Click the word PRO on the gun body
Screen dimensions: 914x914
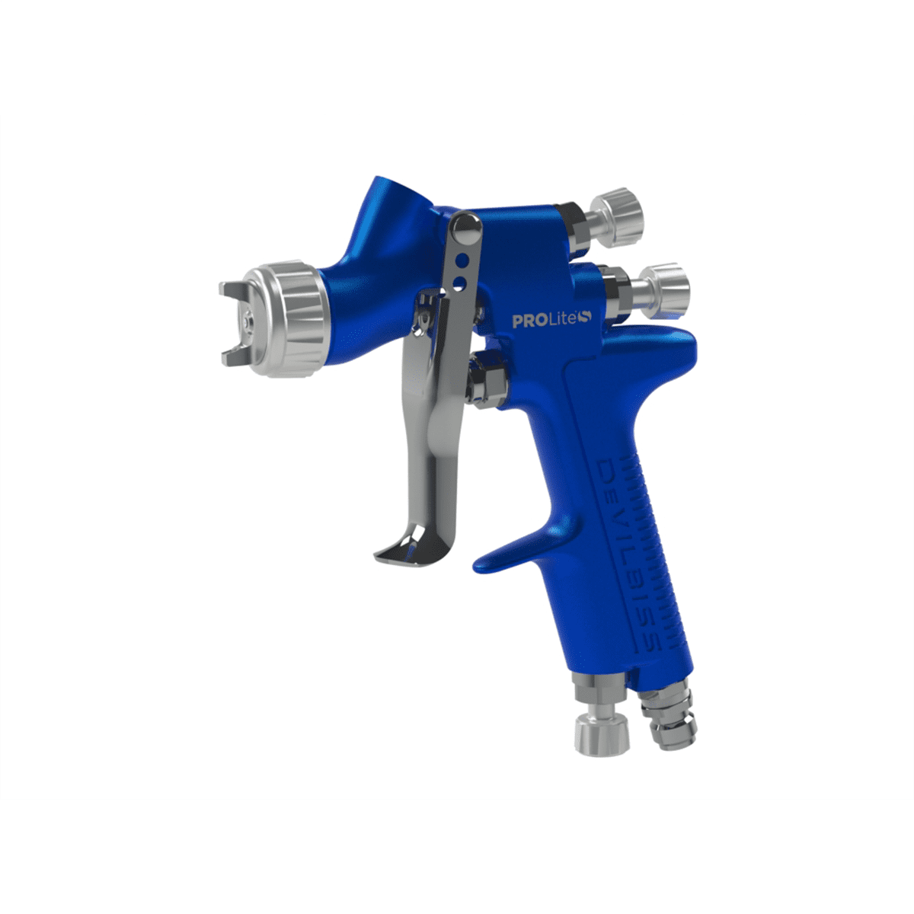[528, 321]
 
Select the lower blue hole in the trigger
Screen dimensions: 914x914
[459, 283]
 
